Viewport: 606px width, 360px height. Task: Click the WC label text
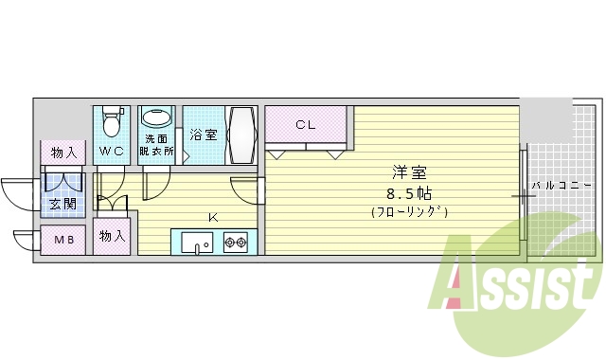112,151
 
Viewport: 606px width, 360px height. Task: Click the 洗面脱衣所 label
157,145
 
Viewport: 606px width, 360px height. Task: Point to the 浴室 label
204,135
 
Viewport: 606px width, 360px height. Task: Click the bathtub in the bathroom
241,135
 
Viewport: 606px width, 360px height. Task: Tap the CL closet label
305,124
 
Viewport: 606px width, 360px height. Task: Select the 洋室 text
409,173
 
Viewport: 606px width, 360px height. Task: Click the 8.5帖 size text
409,193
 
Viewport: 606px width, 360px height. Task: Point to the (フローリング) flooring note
409,212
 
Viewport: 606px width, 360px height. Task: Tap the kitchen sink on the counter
197,243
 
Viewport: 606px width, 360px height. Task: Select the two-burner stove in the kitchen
235,243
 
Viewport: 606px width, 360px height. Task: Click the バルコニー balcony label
561,185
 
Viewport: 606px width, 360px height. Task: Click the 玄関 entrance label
62,203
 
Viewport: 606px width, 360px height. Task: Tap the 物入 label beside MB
112,236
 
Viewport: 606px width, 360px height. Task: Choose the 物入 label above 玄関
62,152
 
